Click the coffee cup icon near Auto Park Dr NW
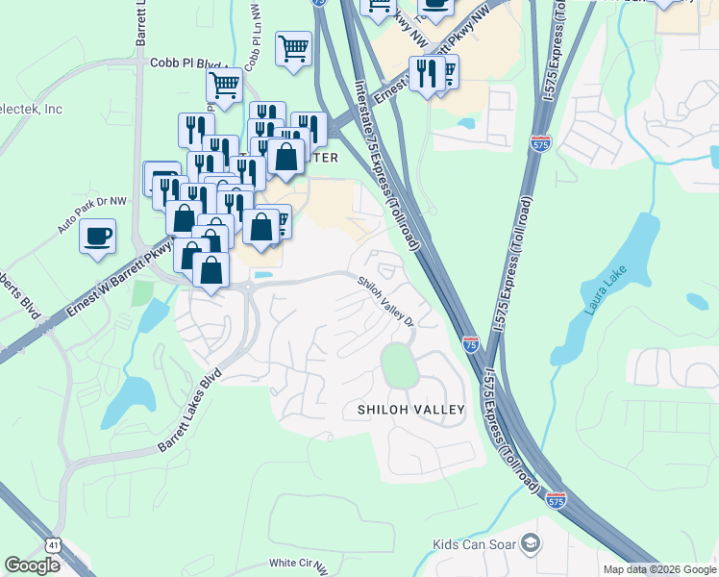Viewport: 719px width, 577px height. [97, 237]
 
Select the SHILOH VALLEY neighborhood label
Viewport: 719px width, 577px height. [411, 410]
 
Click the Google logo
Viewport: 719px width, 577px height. [33, 565]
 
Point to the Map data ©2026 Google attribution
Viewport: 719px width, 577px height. [659, 569]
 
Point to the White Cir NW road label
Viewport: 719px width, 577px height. [299, 564]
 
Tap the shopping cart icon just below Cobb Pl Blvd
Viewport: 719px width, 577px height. [224, 85]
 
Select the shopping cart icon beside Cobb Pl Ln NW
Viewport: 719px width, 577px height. [293, 48]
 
